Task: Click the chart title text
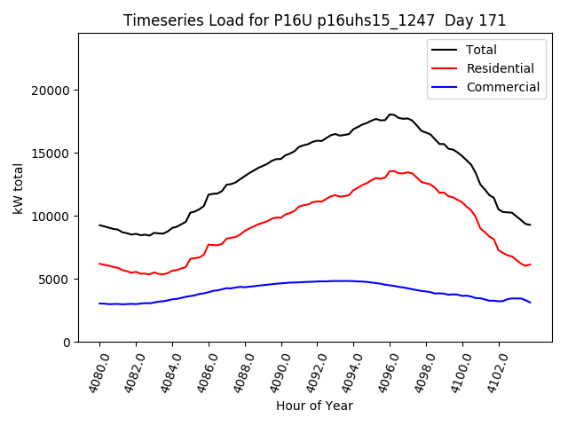click(314, 20)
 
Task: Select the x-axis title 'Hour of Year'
click(314, 406)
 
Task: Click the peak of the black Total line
click(390, 114)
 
